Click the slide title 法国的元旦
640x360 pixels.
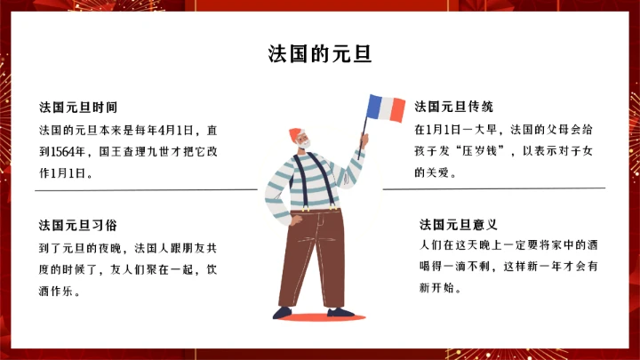[320, 53]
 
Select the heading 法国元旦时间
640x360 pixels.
[78, 107]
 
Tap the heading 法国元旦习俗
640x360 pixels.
[78, 224]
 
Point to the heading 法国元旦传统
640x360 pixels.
[453, 107]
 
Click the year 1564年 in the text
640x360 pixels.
[72, 151]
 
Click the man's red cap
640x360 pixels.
[295, 134]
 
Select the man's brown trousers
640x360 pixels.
[311, 258]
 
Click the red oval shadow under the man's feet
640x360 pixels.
[311, 316]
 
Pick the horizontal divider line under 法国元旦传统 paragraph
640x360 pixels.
[493, 188]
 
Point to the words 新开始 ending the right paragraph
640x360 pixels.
[437, 287]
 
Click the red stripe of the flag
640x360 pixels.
[398, 109]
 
